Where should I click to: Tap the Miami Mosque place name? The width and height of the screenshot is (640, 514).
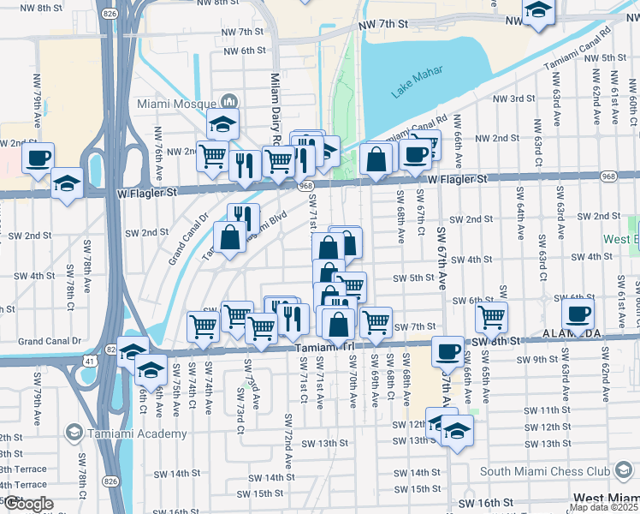(x=175, y=103)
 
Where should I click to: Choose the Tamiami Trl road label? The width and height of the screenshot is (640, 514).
(x=324, y=348)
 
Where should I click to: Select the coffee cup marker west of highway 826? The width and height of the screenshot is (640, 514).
(x=38, y=158)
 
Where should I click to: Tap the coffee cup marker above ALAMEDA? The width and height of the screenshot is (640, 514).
(x=578, y=314)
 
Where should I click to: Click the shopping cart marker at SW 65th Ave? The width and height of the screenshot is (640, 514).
(x=491, y=317)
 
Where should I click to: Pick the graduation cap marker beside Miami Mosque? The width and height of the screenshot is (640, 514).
(x=222, y=123)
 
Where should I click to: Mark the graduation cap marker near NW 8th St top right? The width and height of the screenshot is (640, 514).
(x=537, y=11)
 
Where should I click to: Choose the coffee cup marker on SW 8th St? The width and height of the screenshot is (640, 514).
(x=447, y=351)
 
